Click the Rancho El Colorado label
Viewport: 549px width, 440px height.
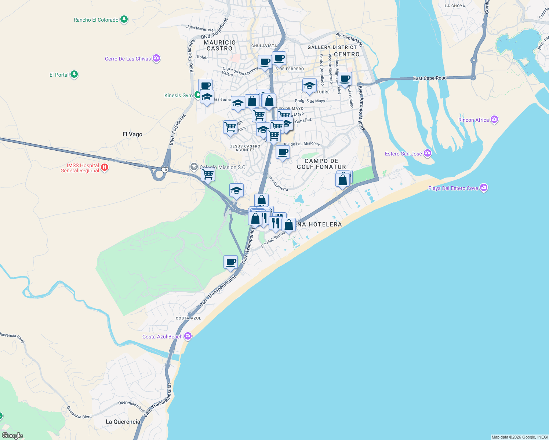pyautogui.click(x=96, y=20)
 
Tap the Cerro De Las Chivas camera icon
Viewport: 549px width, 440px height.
pyautogui.click(x=157, y=58)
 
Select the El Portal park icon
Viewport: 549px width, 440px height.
pyautogui.click(x=74, y=74)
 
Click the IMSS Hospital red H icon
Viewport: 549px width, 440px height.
pyautogui.click(x=105, y=168)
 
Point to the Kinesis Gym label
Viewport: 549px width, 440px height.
pyautogui.click(x=178, y=95)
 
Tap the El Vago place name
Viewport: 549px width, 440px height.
pyautogui.click(x=132, y=134)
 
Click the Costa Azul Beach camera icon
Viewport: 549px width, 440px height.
pyautogui.click(x=188, y=336)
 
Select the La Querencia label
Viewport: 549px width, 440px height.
pyautogui.click(x=123, y=422)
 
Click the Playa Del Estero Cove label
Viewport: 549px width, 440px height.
pyautogui.click(x=453, y=188)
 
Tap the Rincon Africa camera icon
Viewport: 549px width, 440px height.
pyautogui.click(x=494, y=120)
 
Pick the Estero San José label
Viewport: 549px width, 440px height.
pyautogui.click(x=403, y=154)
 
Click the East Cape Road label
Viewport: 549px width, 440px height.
pyautogui.click(x=430, y=78)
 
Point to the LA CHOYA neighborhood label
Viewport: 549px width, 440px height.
pyautogui.click(x=455, y=6)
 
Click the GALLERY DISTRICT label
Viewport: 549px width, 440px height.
pyautogui.click(x=332, y=47)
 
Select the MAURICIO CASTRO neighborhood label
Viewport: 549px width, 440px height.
pyautogui.click(x=219, y=45)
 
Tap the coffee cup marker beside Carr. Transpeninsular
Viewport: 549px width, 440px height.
pyautogui.click(x=230, y=262)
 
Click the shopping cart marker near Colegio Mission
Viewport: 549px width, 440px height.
pyautogui.click(x=208, y=175)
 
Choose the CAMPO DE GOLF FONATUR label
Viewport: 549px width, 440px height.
pyautogui.click(x=321, y=164)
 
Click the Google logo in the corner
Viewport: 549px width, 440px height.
pyautogui.click(x=12, y=436)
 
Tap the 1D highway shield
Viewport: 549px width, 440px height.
pyautogui.click(x=165, y=170)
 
